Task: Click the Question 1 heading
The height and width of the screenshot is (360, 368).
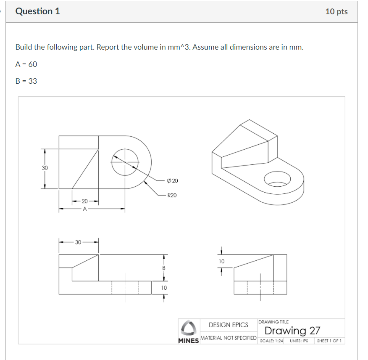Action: (38, 11)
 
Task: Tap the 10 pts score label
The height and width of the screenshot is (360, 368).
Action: (336, 11)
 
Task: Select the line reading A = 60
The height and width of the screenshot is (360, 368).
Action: (26, 64)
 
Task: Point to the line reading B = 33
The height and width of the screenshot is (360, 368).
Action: (26, 81)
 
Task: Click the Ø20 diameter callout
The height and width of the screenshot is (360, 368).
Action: (172, 181)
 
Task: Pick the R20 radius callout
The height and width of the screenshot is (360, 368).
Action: (172, 196)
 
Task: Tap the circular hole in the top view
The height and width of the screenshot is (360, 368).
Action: (124, 162)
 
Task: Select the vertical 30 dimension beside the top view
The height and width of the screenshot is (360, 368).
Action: (45, 168)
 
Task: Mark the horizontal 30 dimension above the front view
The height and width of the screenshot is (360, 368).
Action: (78, 242)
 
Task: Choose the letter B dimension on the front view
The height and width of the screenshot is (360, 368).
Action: (164, 268)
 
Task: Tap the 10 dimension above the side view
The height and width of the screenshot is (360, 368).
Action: (221, 262)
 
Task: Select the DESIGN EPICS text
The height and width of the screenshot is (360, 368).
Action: (229, 325)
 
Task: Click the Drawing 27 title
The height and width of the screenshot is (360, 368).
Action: (292, 331)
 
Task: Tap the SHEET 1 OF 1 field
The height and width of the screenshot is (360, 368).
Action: (329, 341)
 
